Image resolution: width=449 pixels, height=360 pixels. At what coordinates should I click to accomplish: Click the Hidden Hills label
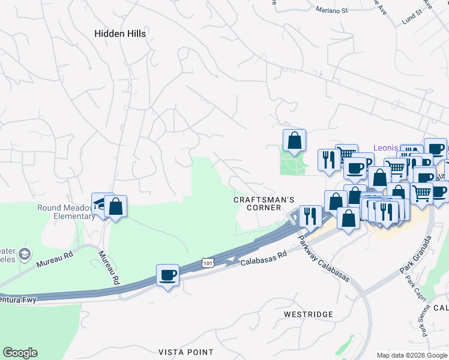click(x=120, y=34)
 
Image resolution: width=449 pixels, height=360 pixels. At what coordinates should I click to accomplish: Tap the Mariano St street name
click(x=332, y=10)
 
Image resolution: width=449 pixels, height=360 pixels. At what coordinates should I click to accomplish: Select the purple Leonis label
click(x=385, y=147)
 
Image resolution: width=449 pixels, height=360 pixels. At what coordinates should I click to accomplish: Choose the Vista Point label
click(x=185, y=352)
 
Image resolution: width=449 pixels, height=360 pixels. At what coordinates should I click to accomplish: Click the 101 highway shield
click(x=207, y=263)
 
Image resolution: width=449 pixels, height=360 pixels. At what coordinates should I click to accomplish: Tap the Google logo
click(x=20, y=353)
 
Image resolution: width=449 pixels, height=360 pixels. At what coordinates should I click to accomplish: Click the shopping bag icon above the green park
click(x=294, y=140)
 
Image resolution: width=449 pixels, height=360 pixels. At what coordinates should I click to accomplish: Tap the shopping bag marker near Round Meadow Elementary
click(x=115, y=206)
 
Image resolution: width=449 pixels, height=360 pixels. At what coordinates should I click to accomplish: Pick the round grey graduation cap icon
click(x=25, y=254)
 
